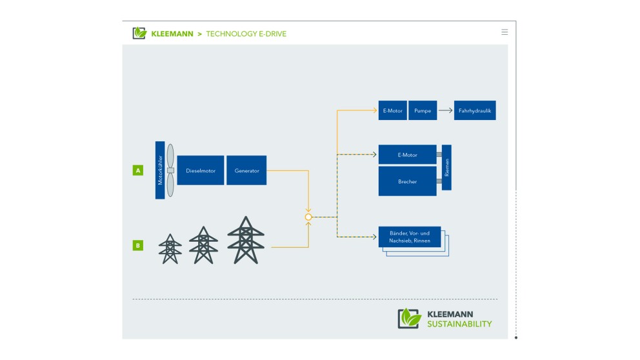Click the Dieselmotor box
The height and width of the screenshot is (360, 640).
click(201, 170)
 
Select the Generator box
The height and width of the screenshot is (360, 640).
click(246, 170)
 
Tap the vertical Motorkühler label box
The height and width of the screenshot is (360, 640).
click(160, 170)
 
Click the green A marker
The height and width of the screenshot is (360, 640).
click(137, 170)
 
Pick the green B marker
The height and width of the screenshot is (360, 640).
click(137, 245)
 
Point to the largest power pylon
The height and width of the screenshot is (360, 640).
click(245, 241)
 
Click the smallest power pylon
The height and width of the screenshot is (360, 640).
click(170, 249)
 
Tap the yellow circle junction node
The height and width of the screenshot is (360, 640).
click(308, 217)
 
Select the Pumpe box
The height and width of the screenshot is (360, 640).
click(423, 110)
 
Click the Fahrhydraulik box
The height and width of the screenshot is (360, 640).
click(475, 110)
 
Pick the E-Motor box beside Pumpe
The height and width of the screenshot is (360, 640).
click(392, 110)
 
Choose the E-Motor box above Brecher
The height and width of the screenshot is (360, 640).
click(407, 155)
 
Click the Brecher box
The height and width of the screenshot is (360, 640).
click(407, 181)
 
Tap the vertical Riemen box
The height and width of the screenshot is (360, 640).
click(446, 168)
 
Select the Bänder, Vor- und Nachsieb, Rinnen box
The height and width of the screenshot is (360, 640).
click(410, 236)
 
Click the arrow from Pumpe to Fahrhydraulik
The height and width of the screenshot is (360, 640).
click(445, 110)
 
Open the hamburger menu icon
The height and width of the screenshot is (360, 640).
click(505, 32)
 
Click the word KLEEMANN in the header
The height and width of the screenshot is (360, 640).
click(172, 34)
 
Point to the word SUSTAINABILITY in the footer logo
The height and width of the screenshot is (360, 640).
click(459, 324)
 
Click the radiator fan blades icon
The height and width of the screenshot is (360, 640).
click(170, 170)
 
